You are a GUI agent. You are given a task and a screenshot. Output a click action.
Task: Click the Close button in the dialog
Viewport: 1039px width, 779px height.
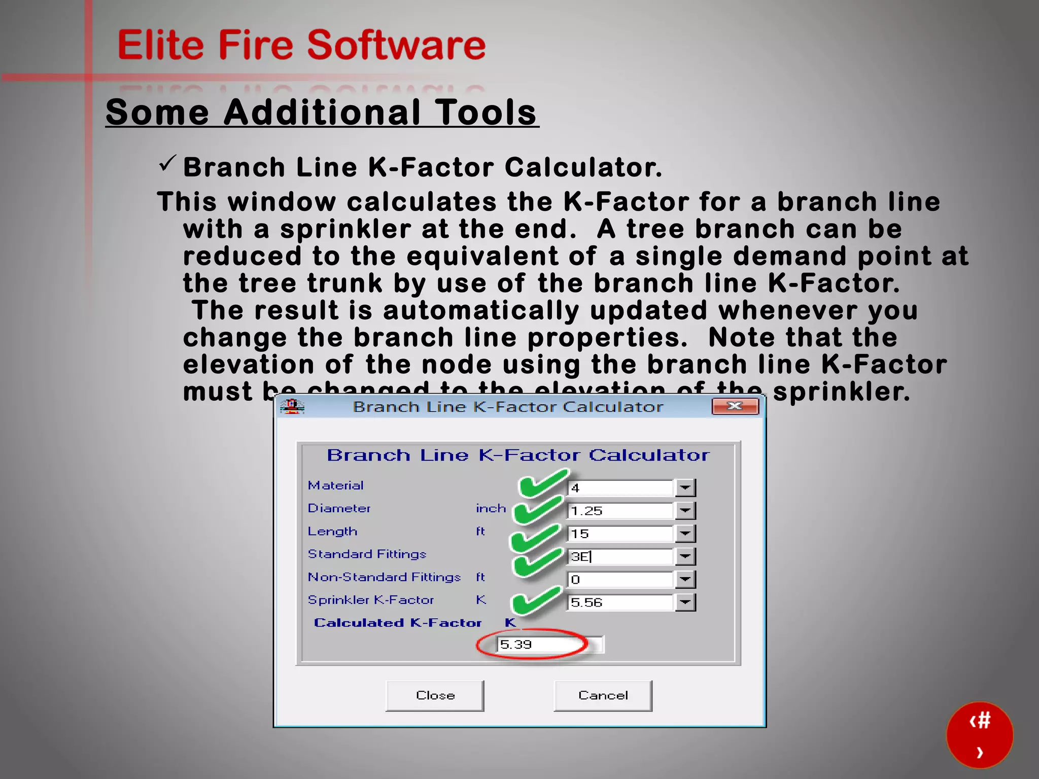435,695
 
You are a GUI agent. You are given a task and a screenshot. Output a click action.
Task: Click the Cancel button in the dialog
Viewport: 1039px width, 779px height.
603,695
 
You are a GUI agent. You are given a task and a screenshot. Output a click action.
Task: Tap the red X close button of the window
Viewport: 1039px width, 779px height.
735,406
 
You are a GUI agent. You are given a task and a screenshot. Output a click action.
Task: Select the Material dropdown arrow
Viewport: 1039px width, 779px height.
685,488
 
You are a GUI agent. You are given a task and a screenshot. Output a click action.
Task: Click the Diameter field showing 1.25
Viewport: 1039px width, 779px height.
620,511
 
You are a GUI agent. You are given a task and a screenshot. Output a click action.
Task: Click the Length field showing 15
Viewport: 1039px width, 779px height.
620,534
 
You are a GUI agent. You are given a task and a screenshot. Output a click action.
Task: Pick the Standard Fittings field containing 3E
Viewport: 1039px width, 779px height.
620,556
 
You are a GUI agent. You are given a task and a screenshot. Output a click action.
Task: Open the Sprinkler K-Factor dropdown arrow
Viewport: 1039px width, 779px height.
685,602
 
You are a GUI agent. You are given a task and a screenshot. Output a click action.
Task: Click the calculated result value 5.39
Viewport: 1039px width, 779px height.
516,644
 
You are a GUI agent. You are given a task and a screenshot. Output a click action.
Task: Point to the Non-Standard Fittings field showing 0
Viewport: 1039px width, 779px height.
620,579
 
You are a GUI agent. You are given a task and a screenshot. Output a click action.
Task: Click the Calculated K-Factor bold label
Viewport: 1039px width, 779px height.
397,623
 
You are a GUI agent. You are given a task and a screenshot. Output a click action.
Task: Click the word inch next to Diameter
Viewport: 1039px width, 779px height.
491,508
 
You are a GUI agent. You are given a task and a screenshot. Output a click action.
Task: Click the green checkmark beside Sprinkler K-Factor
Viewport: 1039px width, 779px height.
536,600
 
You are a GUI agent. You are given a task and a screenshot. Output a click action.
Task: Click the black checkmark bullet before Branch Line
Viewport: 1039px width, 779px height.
167,164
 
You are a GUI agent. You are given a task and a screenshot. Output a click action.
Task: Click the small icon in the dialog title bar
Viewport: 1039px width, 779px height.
292,406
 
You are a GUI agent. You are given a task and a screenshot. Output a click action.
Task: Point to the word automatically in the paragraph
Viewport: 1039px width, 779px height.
480,310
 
